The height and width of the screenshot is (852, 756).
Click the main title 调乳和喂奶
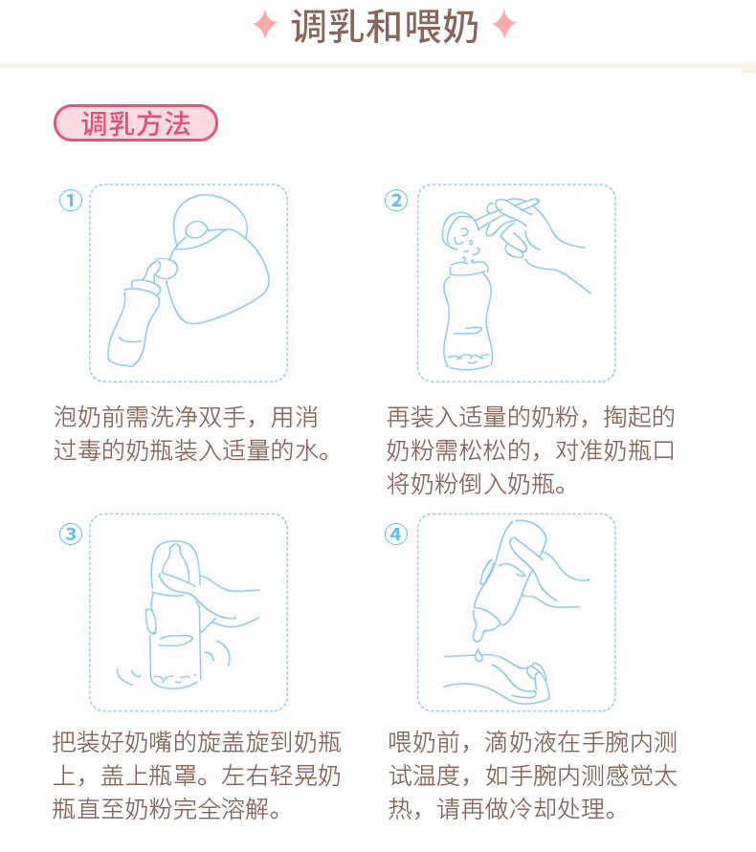385,26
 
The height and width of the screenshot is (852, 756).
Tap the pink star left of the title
265,25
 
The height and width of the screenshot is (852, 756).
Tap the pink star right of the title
504,25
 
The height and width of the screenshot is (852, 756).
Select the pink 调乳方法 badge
136,122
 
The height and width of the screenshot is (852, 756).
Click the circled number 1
71,201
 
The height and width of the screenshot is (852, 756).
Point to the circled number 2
396,201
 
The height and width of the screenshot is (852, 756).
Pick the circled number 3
71,534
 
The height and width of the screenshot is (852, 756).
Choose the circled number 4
396,534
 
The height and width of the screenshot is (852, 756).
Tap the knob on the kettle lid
196,229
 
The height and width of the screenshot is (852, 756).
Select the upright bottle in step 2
467,316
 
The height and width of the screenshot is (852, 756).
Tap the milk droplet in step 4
478,655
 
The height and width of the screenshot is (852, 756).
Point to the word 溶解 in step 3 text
245,809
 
